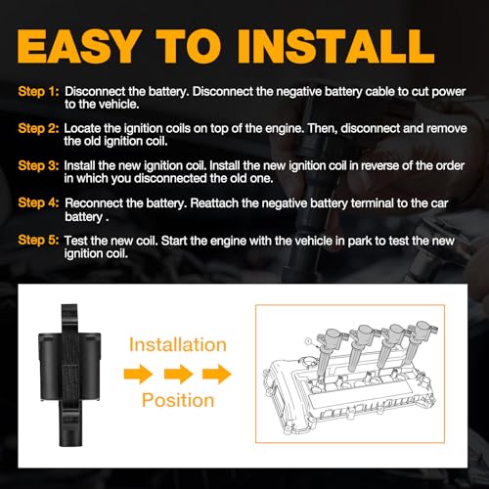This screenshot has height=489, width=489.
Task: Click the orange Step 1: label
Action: (x=37, y=90)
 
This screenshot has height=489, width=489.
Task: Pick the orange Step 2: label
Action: (x=37, y=128)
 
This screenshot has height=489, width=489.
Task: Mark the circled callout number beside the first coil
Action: (x=310, y=339)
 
